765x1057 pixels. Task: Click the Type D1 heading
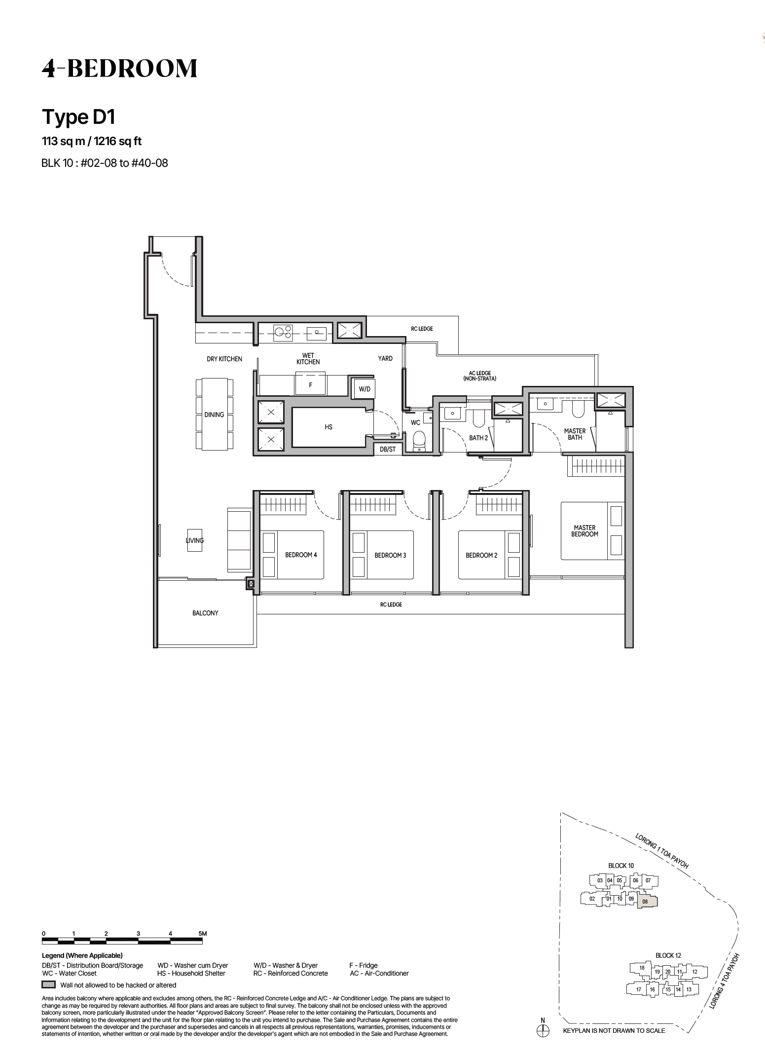[x=78, y=117]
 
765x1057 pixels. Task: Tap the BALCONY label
[x=205, y=613]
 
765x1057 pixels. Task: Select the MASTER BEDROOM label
[x=584, y=530]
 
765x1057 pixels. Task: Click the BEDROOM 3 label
[x=390, y=555]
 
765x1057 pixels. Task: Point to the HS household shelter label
[x=328, y=427]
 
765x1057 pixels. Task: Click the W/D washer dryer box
[x=364, y=389]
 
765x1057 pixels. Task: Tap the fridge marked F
[x=310, y=385]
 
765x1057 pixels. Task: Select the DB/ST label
[x=388, y=449]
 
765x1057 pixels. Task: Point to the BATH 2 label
[x=478, y=438]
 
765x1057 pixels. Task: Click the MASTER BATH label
[x=575, y=434]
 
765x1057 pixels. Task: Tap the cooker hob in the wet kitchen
[x=283, y=333]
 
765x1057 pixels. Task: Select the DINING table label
[x=214, y=415]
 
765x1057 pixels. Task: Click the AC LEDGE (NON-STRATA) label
[x=480, y=376]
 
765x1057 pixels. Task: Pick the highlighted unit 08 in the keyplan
[x=648, y=901]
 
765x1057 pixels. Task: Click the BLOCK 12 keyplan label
[x=668, y=955]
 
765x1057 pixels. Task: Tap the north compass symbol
[x=543, y=1031]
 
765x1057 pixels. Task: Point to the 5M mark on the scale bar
[x=202, y=934]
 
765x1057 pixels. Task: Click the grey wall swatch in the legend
[x=48, y=985]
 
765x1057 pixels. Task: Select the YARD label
[x=385, y=359]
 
